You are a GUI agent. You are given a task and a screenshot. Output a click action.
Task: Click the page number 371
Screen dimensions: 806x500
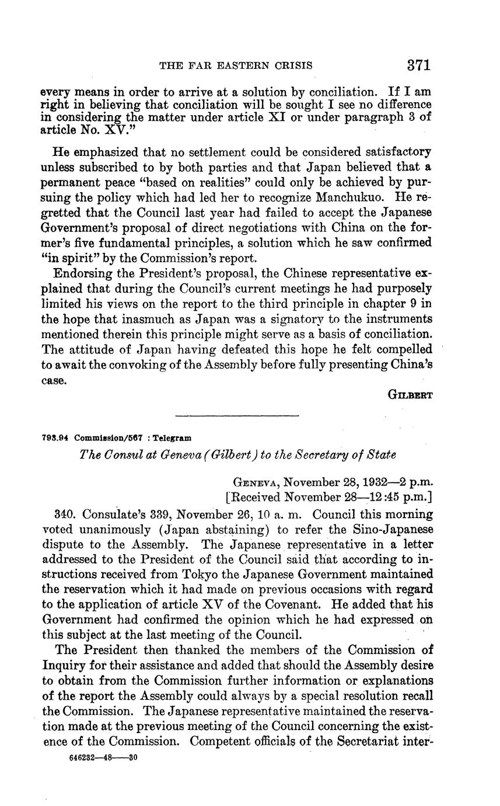[419, 64]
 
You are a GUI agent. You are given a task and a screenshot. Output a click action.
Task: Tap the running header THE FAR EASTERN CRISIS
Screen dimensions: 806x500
[236, 65]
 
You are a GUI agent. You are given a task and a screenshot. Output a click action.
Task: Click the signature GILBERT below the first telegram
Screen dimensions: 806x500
[410, 394]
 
